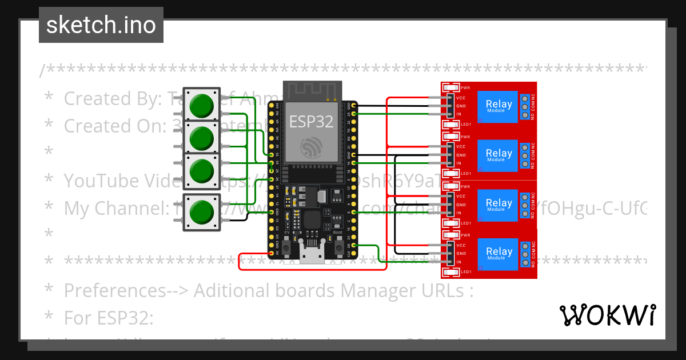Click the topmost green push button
coord(201,106)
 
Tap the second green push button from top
coord(201,138)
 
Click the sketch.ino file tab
coord(101,25)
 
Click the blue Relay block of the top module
coord(498,106)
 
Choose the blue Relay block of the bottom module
coord(498,253)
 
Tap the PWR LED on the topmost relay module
coord(452,87)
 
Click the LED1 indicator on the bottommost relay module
coord(452,271)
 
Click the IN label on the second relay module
coord(459,164)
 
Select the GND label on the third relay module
coord(461,205)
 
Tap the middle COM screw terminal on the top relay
coord(524,106)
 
